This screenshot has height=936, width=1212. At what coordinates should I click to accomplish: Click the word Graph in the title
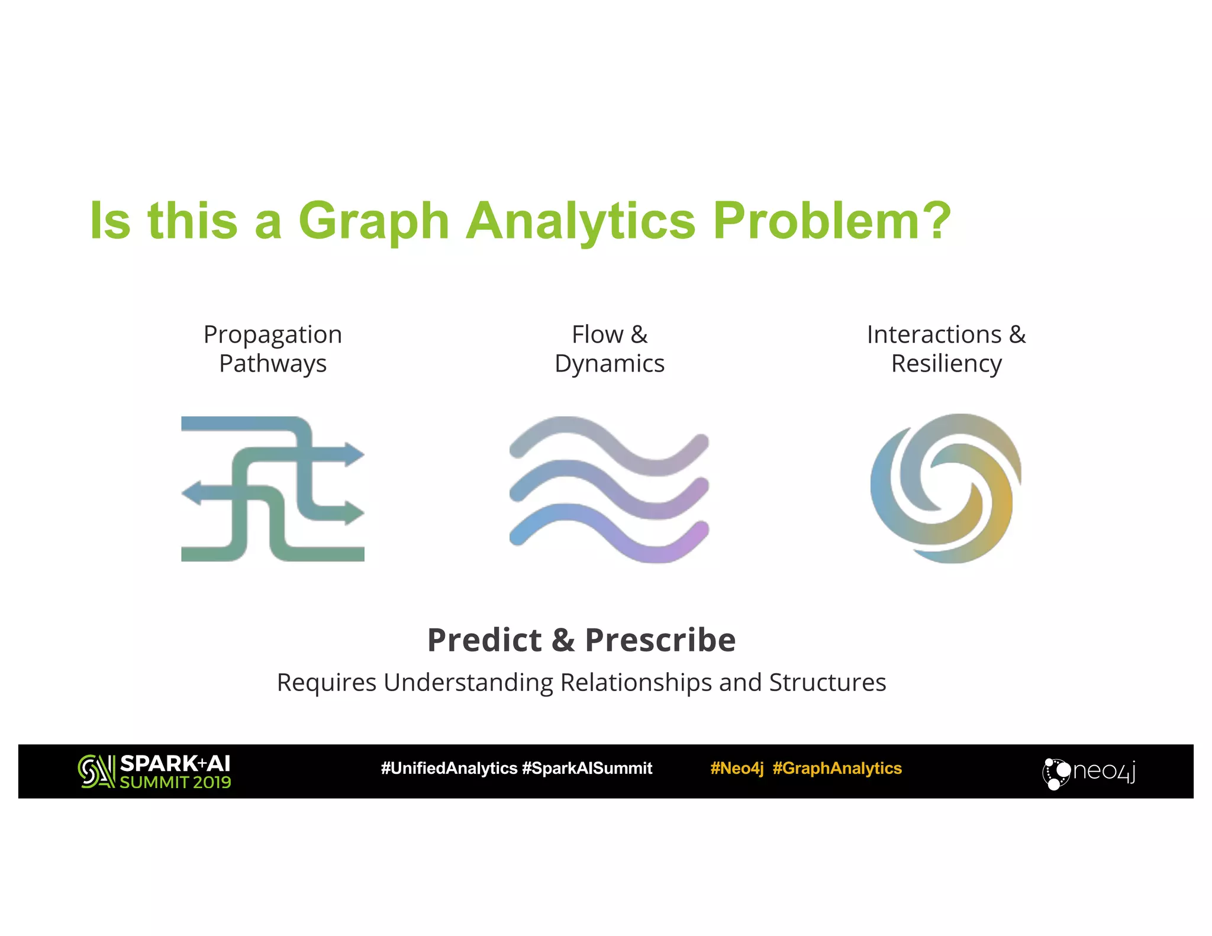pyautogui.click(x=373, y=222)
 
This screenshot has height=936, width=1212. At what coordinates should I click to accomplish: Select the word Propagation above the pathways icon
pyautogui.click(x=273, y=335)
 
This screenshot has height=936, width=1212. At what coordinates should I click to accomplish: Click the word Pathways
pyautogui.click(x=273, y=364)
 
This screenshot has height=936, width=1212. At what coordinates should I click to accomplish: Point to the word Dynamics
pyautogui.click(x=610, y=364)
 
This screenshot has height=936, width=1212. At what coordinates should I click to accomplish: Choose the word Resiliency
pyautogui.click(x=946, y=364)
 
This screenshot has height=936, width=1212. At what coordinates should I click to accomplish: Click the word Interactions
pyautogui.click(x=934, y=335)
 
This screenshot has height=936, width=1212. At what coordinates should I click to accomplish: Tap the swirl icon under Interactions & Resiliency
pyautogui.click(x=946, y=488)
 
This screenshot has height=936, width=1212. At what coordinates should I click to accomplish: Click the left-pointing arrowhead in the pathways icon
pyautogui.click(x=192, y=493)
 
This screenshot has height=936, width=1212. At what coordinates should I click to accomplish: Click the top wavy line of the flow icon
pyautogui.click(x=609, y=444)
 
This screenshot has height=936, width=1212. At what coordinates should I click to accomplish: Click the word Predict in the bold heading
pyautogui.click(x=484, y=640)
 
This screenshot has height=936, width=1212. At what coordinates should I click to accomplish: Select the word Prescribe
pyautogui.click(x=660, y=640)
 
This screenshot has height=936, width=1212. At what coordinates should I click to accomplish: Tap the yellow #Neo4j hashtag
pyautogui.click(x=737, y=769)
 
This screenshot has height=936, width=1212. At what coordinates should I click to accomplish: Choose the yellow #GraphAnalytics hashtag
pyautogui.click(x=837, y=769)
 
